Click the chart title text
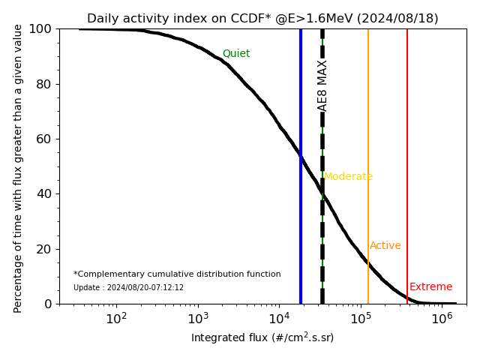[262, 19]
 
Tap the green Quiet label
[236, 54]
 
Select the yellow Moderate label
[348, 177]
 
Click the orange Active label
[385, 246]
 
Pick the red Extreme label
[431, 287]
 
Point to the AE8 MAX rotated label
[322, 85]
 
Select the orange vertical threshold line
[368, 150]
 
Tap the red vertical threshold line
[407, 150]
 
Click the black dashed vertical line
[322, 225]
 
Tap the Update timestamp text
[128, 288]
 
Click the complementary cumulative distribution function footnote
[177, 274]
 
